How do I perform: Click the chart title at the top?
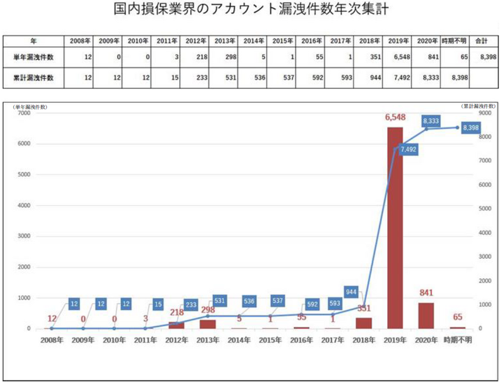click(250, 12)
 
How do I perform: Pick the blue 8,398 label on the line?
click(472, 127)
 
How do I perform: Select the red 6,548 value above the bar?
click(395, 118)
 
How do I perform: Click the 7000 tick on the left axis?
click(24, 113)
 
